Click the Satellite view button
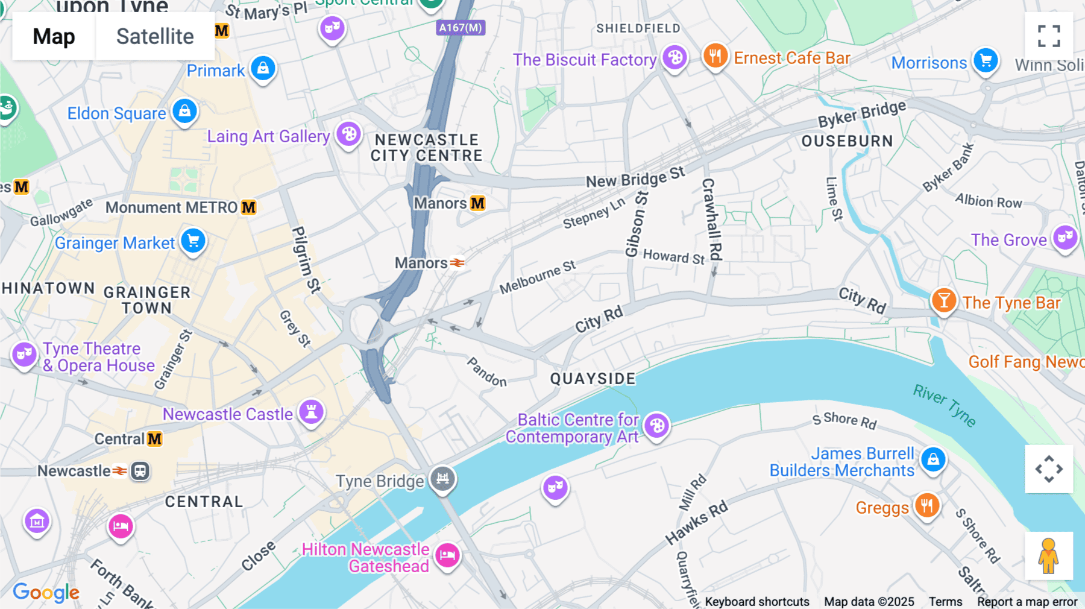pos(155,37)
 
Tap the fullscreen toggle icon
pos(1049,36)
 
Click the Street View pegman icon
pos(1049,556)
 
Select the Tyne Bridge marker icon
pos(443,479)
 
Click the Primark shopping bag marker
pos(263,69)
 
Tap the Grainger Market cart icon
pos(193,241)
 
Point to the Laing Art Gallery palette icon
pos(349,134)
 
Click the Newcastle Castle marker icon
pos(312,412)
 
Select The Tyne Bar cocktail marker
pos(944,300)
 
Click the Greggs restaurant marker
pos(927,505)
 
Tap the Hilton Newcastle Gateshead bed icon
pos(448,555)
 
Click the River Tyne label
pos(945,405)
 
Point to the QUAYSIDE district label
pos(593,379)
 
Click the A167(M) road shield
pos(461,28)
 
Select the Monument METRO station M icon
pos(249,207)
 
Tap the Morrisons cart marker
pos(986,60)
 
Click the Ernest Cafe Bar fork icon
pos(715,57)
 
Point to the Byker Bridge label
pos(861,113)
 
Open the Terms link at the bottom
pos(945,602)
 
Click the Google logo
pos(46,593)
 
